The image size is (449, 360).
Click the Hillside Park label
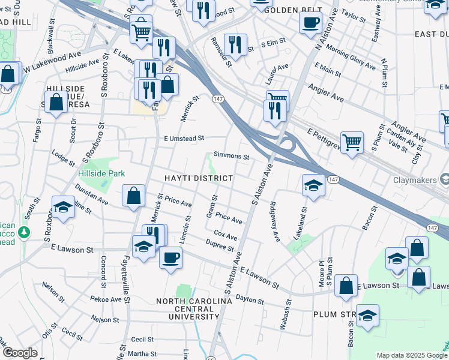(101, 173)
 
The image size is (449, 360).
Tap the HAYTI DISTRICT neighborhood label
(199, 179)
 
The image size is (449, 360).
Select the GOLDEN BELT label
(286, 11)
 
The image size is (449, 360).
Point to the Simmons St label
(231, 156)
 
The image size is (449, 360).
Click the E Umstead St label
(184, 138)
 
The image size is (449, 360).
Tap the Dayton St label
(250, 298)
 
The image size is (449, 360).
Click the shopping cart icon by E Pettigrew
(352, 142)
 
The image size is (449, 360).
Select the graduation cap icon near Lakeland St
(313, 185)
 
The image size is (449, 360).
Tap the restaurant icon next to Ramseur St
(235, 44)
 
